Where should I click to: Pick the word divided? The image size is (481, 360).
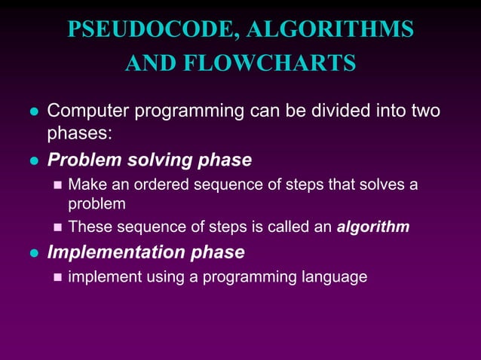pos(330,112)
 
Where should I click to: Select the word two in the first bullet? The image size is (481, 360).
pos(424,112)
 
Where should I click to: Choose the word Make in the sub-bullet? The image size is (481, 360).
pos(84,185)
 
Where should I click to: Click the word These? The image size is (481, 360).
pos(88,227)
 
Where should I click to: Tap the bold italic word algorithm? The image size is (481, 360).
pos(374,227)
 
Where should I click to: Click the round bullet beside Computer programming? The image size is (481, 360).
pos(32,113)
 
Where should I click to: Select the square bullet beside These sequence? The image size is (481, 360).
pos(57,227)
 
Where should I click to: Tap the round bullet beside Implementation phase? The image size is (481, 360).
pos(32,252)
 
